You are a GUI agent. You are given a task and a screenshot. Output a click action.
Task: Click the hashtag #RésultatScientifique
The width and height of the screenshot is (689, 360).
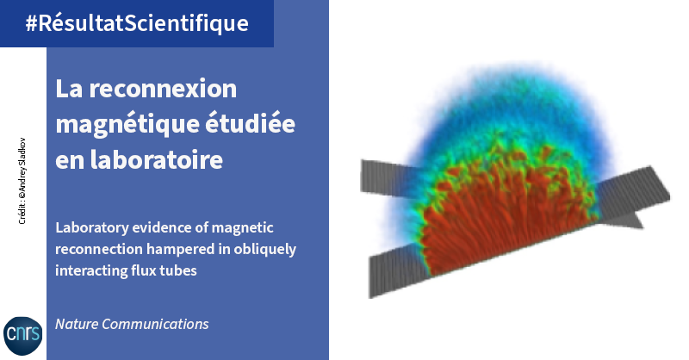(137, 23)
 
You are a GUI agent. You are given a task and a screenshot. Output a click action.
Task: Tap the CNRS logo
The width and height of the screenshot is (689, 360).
(23, 335)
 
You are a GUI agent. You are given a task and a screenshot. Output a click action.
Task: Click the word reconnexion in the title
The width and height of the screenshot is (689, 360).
(163, 89)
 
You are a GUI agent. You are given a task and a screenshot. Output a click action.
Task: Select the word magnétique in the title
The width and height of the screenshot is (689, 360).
(127, 125)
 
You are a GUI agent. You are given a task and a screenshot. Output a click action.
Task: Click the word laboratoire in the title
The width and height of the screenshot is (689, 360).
(157, 159)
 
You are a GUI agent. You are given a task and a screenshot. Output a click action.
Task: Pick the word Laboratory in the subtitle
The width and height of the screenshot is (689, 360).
(92, 228)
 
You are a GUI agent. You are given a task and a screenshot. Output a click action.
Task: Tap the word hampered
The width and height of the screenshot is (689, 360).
(181, 250)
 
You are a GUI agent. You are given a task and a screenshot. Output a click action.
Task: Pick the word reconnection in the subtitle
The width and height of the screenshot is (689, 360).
(99, 250)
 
